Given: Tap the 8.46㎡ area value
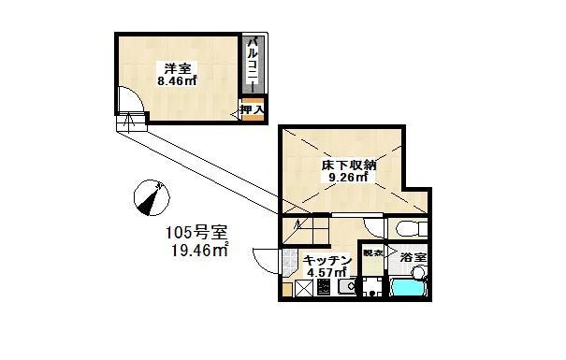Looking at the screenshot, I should (x=176, y=81).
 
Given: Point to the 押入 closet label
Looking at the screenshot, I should (x=252, y=110).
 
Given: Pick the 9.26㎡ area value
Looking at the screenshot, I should (x=345, y=180).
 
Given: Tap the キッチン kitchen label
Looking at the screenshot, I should (x=327, y=259).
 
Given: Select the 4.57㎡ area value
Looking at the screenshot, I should (x=327, y=272).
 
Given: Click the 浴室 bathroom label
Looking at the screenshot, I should (x=413, y=256).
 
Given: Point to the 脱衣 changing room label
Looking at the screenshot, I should (x=373, y=253).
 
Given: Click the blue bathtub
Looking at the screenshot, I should (x=409, y=288).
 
